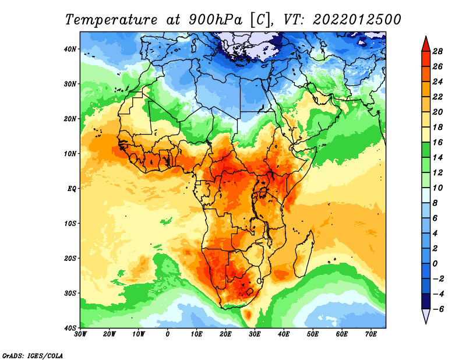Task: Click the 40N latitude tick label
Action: coord(70,49)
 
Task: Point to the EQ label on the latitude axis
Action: coord(72,189)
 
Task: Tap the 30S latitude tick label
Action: coord(70,293)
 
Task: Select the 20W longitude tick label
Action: coord(109,334)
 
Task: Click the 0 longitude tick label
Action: coord(167,334)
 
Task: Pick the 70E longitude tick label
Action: coord(370,334)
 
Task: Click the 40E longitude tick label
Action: coord(284,334)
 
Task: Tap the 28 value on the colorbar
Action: coord(437,51)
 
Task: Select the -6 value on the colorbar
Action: coord(437,309)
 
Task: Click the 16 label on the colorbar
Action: coord(437,142)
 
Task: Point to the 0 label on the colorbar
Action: coord(435,263)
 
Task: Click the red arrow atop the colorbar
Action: coord(426,44)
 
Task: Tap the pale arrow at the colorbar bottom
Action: coord(426,316)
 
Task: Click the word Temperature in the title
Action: coord(111,20)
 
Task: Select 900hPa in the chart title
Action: coord(215,20)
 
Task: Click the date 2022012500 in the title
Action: coord(357,20)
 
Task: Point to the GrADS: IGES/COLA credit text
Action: coord(33,355)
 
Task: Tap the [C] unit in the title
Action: coord(260,20)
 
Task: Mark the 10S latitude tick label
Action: coord(70,223)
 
